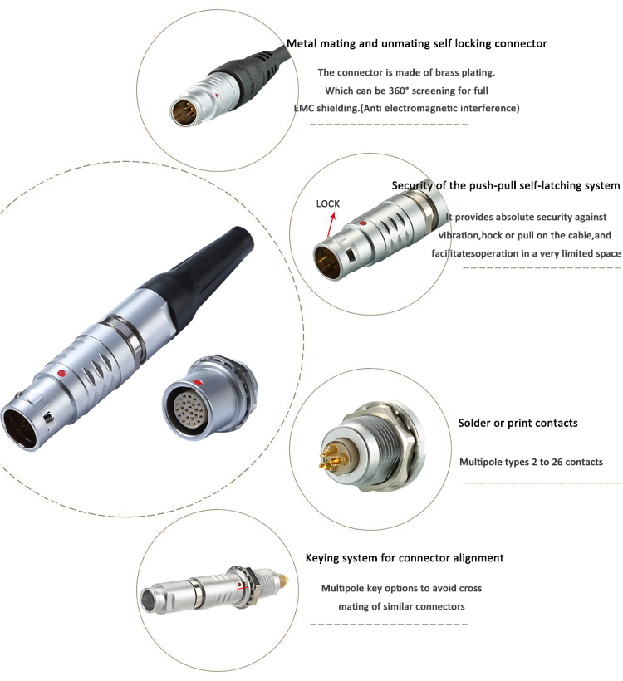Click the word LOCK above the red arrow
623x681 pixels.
[328, 203]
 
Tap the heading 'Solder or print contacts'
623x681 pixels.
[518, 423]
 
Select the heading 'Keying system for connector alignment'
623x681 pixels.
[405, 558]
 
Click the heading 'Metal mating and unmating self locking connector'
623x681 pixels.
[416, 43]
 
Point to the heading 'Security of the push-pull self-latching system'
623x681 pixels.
[506, 185]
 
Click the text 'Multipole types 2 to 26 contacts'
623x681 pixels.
[531, 462]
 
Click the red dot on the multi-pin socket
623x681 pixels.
[194, 381]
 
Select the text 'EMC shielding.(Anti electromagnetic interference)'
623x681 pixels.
[406, 108]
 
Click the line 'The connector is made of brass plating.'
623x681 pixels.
[405, 73]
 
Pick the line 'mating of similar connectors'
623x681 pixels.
[401, 606]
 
